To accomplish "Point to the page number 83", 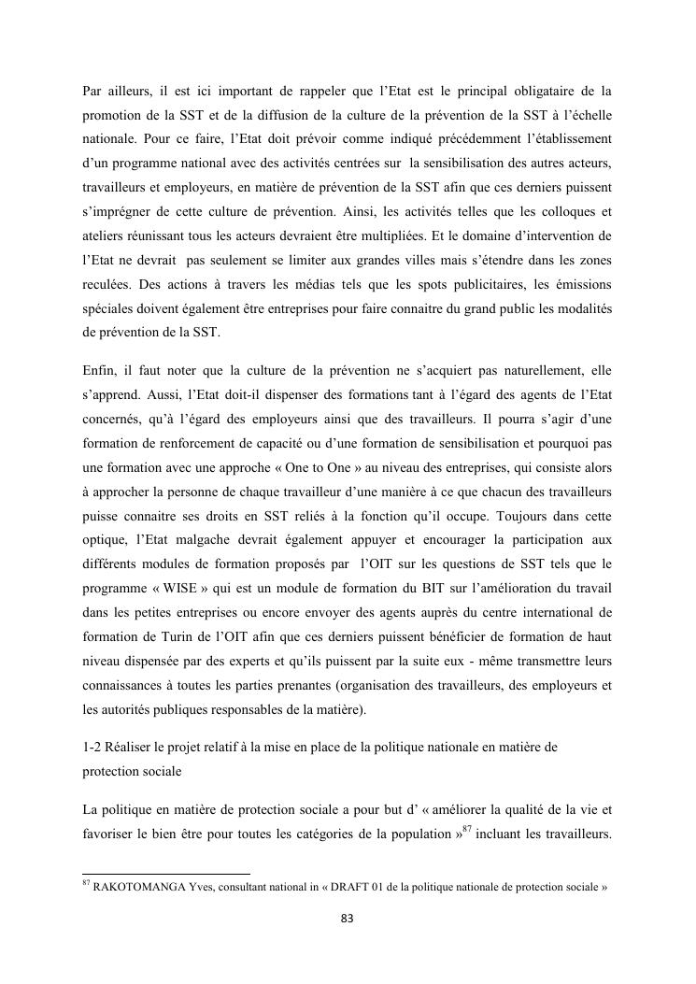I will (x=348, y=920).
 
